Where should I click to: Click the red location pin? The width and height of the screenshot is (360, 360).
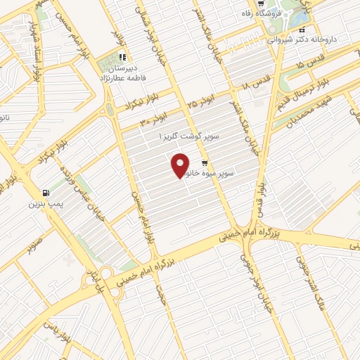point(181,165)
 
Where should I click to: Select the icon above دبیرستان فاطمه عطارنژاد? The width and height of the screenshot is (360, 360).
point(122,58)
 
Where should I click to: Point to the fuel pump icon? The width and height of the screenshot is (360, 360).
point(46,192)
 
